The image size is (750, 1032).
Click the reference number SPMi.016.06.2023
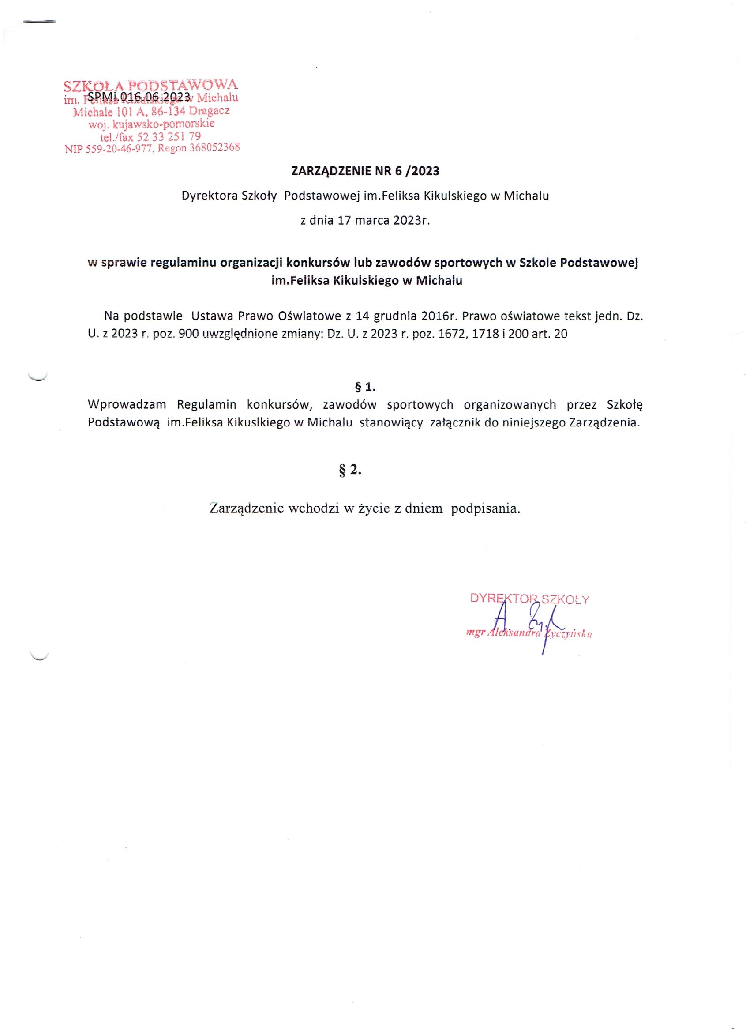coord(138,96)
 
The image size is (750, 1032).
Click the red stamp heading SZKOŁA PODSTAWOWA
coord(150,85)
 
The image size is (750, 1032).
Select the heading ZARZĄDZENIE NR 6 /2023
coord(365,171)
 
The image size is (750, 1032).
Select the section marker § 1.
coord(365,388)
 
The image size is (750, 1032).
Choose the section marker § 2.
coord(350,471)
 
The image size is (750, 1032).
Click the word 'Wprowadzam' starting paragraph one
coord(127,404)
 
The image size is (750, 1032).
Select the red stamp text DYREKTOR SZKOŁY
coord(529,599)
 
